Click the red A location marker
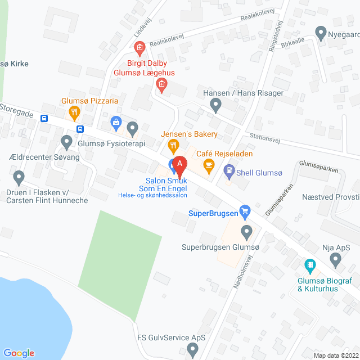point(179,165)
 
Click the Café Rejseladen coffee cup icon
point(209,164)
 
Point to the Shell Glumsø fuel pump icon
point(229,169)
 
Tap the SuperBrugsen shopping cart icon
point(244,211)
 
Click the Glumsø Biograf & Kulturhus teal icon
point(309,264)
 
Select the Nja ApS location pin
point(336,259)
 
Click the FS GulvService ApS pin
point(193,351)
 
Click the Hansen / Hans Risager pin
point(215,104)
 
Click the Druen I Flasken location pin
point(19,178)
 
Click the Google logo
point(19,353)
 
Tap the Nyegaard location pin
point(321,32)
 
